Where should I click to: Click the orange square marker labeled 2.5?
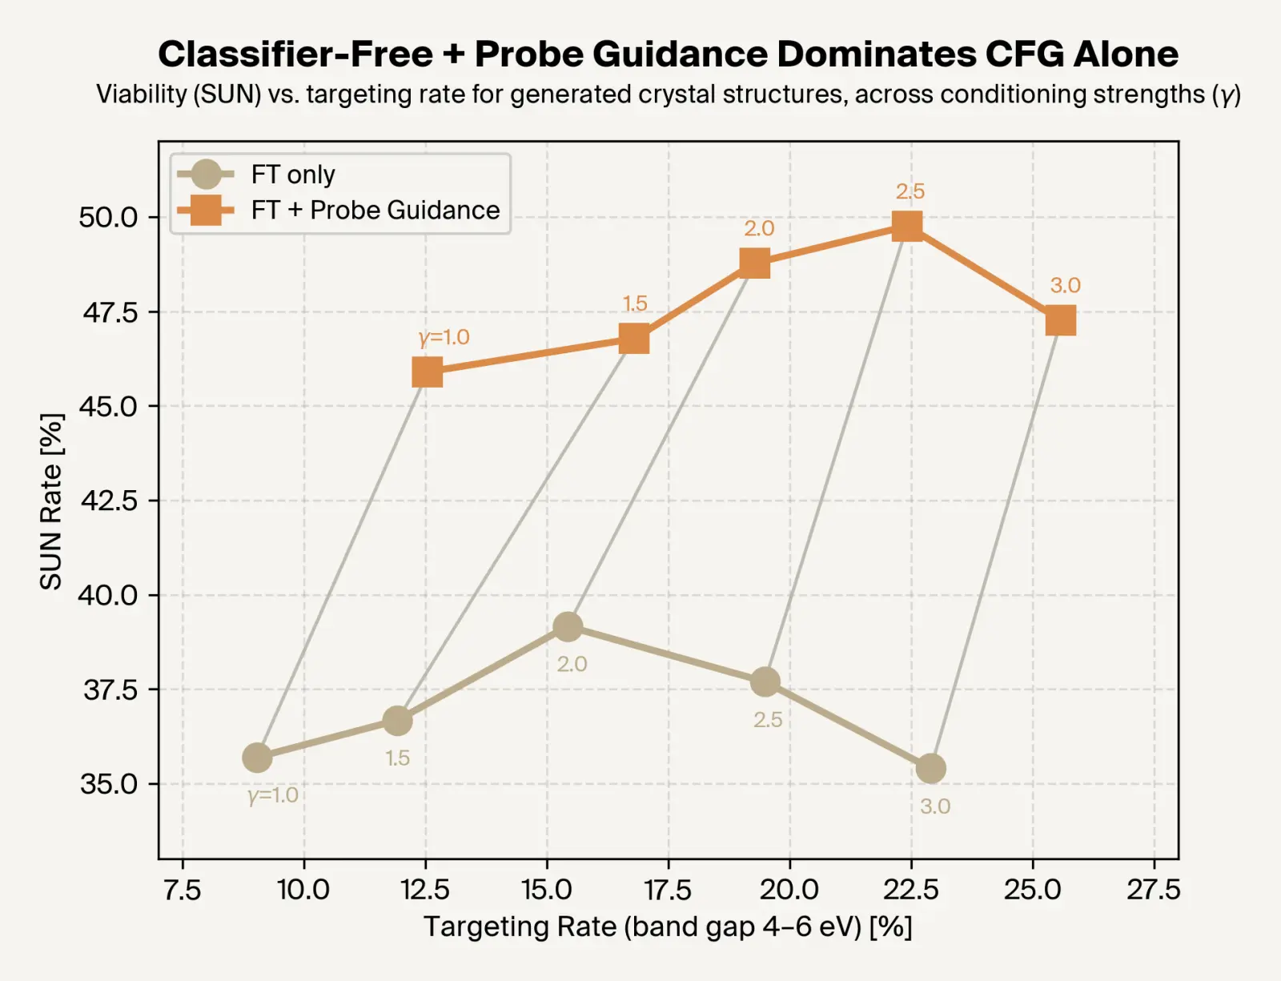click(906, 227)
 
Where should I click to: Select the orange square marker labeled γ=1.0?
click(428, 372)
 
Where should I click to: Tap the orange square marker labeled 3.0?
click(1061, 321)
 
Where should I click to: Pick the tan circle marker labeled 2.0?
click(568, 626)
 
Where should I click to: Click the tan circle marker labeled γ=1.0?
click(257, 757)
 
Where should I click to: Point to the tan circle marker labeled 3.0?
click(930, 769)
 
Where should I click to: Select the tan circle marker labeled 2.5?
click(765, 681)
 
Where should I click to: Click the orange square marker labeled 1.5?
click(634, 340)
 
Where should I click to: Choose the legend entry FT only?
click(292, 175)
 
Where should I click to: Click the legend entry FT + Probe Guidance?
click(375, 210)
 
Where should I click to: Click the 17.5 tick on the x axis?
click(668, 889)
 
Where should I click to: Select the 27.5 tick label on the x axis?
click(1153, 889)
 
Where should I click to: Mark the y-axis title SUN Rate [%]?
click(51, 501)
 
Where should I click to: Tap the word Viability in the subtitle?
click(141, 94)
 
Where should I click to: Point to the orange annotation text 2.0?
click(759, 229)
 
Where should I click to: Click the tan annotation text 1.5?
click(397, 758)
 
